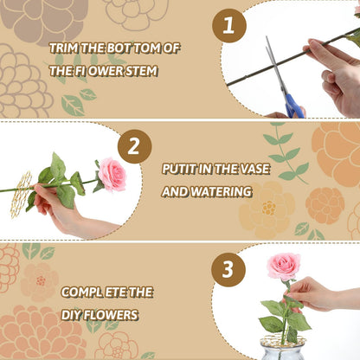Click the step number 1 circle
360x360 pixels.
click(x=228, y=26)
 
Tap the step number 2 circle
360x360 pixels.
click(x=134, y=146)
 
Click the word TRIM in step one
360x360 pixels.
click(x=64, y=48)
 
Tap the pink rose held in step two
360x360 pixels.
click(x=111, y=175)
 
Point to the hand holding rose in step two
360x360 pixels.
click(x=62, y=212)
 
